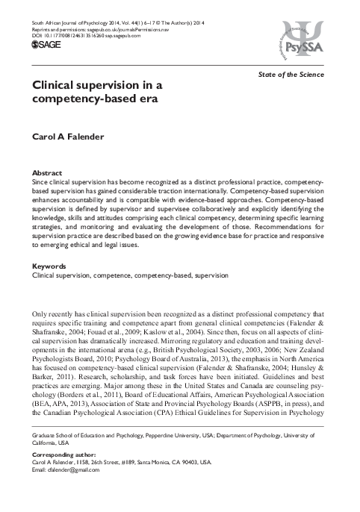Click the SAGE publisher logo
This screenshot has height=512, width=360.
coord(46,45)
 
